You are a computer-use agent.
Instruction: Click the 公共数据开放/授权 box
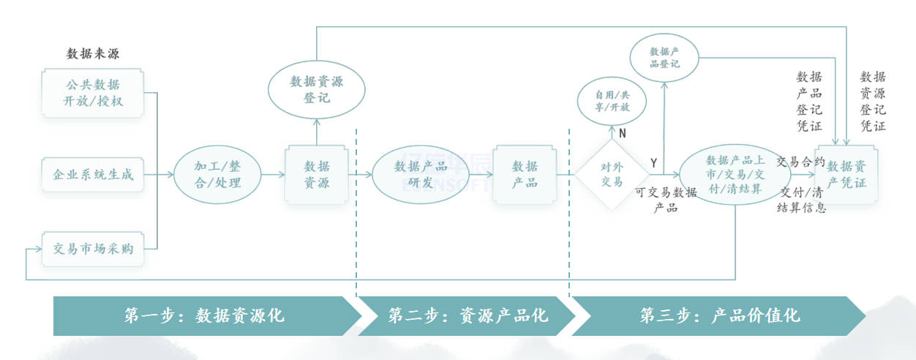pos(93,92)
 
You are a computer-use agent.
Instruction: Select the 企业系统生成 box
pos(93,175)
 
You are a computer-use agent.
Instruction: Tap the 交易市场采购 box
pos(93,248)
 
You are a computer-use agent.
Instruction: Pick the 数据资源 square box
pos(316,174)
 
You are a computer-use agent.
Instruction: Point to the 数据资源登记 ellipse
pos(316,90)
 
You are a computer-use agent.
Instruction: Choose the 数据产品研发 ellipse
pos(420,174)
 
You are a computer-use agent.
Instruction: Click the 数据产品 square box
pos(524,174)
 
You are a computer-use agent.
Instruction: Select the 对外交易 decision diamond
pos(611,175)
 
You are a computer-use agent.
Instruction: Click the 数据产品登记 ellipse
pos(664,57)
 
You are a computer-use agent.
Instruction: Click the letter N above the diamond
pos(623,134)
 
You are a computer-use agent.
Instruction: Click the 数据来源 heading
pos(93,53)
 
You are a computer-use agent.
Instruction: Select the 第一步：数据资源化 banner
pos(205,315)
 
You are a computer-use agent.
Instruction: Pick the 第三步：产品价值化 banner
pos(720,315)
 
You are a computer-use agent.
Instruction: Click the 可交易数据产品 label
pos(666,200)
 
